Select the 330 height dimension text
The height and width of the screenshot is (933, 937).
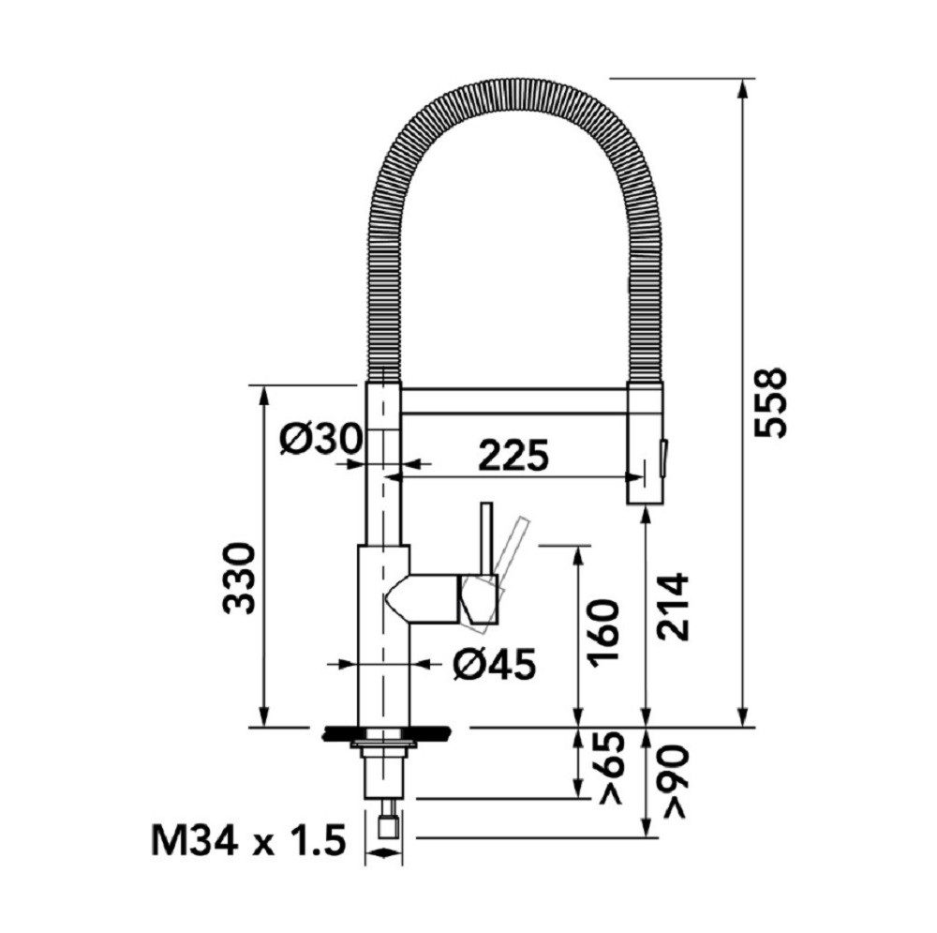click(x=240, y=579)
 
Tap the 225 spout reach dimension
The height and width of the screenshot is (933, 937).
click(x=513, y=455)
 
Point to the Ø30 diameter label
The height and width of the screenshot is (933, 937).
click(x=320, y=441)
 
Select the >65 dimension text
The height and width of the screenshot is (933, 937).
click(x=610, y=767)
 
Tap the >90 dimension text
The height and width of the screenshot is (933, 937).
click(x=675, y=780)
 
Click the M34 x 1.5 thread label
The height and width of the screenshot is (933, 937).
click(x=248, y=840)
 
